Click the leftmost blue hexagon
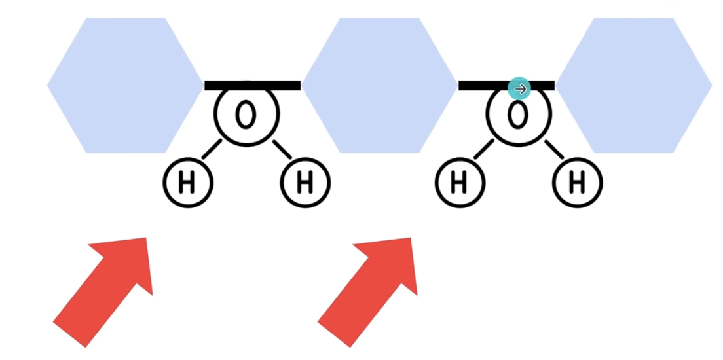pos(126,85)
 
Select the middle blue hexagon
pos(379,85)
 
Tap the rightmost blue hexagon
pos(633,85)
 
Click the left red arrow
pos(103,292)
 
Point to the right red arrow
pos(368,292)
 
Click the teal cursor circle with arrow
pos(519,88)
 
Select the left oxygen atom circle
pos(247,115)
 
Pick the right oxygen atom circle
pos(519,115)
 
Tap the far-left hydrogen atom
pos(187,183)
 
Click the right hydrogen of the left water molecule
pos(305,183)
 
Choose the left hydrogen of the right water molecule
pos(459,183)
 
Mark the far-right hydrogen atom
pos(578,183)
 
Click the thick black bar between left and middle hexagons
pos(253,85)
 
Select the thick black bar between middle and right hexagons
pos(506,85)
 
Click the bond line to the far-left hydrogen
pos(212,149)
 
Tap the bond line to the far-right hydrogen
pos(554,149)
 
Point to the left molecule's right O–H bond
pos(282,149)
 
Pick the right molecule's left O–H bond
pos(484,149)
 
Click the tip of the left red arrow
pos(146,238)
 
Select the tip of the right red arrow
pos(411,238)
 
